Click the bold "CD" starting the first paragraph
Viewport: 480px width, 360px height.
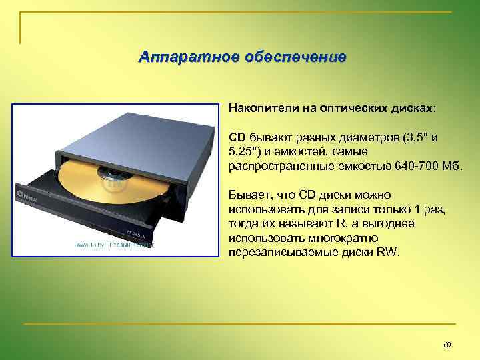pos(237,137)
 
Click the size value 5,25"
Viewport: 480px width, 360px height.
pos(244,151)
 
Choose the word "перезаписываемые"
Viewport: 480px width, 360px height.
pos(273,252)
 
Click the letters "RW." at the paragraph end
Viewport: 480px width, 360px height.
pos(387,252)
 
